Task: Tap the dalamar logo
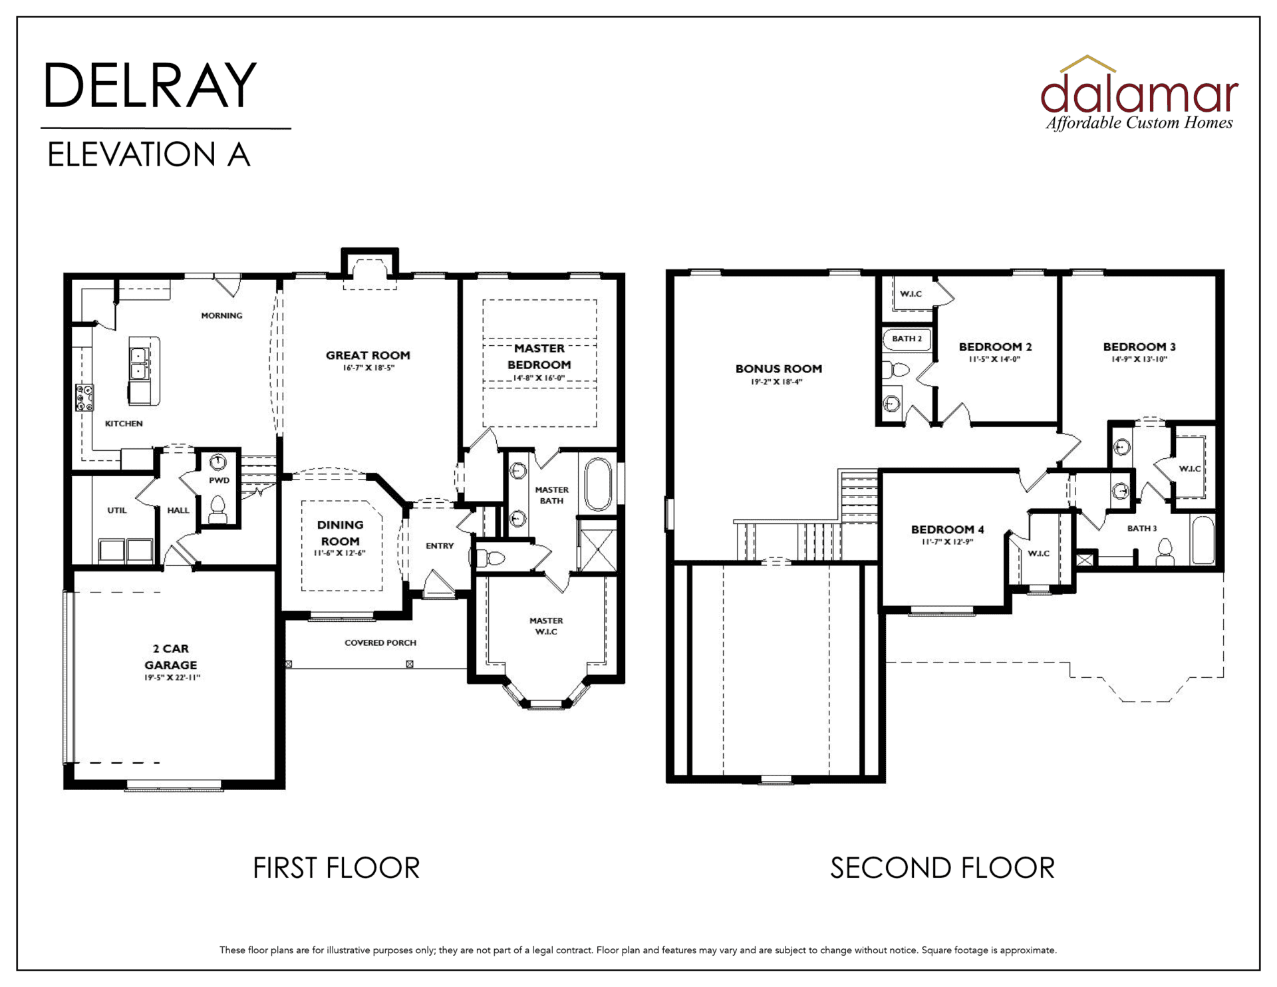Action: click(1139, 93)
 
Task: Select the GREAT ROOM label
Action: click(368, 355)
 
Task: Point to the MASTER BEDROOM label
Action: click(539, 356)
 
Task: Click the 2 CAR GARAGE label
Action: click(171, 656)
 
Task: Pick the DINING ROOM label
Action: click(340, 533)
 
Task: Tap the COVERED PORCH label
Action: click(380, 642)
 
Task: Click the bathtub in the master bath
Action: click(599, 484)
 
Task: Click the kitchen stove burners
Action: click(84, 397)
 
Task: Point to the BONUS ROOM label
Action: click(779, 368)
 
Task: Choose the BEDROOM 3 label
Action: click(1139, 347)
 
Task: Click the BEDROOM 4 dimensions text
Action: click(947, 542)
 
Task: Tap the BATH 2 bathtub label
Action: click(907, 339)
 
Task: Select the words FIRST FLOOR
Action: click(336, 868)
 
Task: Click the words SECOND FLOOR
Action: click(942, 868)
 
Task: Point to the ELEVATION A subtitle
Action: click(149, 154)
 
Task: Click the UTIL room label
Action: click(117, 510)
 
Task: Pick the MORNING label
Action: click(221, 315)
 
